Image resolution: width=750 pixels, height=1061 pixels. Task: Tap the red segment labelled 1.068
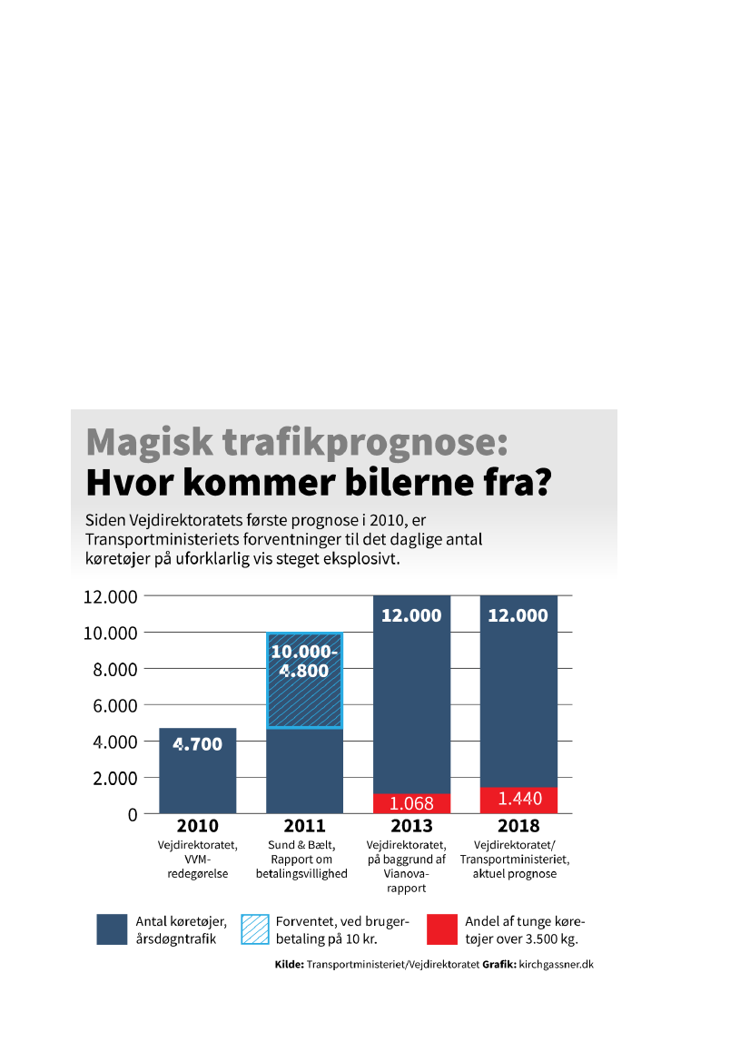pos(411,803)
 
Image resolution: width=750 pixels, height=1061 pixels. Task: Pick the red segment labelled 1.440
pos(518,800)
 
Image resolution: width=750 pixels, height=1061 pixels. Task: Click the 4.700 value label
pos(197,745)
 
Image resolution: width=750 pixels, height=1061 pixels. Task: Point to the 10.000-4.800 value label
pos(304,662)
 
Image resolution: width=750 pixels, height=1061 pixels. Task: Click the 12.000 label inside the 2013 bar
pos(411,615)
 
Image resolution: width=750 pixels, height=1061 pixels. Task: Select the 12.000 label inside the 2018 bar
pos(518,615)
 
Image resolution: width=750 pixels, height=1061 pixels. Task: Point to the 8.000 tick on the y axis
pos(111,669)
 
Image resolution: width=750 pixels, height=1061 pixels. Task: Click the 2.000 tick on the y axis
pos(111,778)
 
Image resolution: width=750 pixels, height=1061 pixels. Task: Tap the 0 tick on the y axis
pos(133,814)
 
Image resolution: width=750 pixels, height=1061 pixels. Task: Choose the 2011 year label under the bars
pos(304,826)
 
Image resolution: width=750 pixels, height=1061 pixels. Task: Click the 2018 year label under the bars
pos(518,826)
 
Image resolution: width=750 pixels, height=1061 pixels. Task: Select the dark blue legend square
pos(112,929)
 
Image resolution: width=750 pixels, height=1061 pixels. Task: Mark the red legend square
pos(442,929)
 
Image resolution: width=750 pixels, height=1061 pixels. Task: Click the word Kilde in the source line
pos(289,965)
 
